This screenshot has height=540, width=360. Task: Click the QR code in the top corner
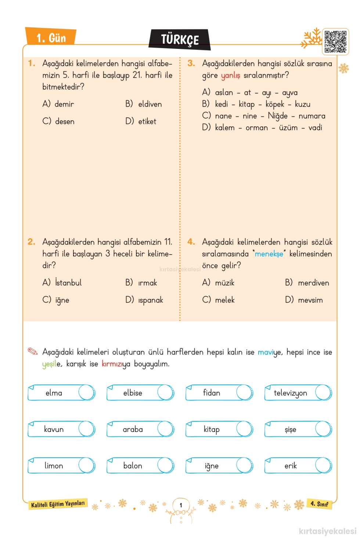pos(335,42)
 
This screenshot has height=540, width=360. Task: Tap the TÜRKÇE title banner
pos(180,40)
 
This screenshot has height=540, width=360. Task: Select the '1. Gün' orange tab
pos(51,37)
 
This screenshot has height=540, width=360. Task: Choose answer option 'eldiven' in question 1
pos(150,104)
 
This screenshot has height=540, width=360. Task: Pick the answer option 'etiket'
pos(147,122)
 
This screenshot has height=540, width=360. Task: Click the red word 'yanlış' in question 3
pos(230,75)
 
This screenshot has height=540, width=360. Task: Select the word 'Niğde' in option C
pos(277,116)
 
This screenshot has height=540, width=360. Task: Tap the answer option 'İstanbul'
pos(68,282)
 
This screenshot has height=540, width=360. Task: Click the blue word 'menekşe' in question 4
pos(269,254)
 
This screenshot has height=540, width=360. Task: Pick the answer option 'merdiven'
pos(313,283)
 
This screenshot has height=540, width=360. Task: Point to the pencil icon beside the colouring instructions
pos(33,351)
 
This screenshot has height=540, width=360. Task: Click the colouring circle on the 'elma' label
pos(86,392)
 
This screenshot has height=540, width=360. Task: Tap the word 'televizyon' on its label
pos(290,393)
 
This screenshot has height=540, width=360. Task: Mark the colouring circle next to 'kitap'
pos(244,429)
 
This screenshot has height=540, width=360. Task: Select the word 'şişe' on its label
pos(290,429)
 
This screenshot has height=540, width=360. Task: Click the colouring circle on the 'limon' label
pos(86,465)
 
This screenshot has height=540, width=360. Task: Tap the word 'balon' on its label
pos(133,466)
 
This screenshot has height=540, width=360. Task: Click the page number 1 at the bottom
pos(181,505)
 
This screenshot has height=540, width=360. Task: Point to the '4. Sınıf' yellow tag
pos(319,504)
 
